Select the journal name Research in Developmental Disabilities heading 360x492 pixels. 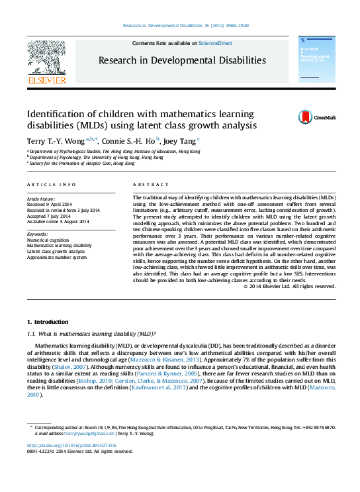click(182, 60)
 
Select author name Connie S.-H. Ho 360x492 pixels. click(129, 140)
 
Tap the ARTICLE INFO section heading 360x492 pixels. click(51, 185)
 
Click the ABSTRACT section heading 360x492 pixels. click(146, 185)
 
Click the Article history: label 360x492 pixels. click(40, 199)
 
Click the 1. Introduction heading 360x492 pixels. click(46, 320)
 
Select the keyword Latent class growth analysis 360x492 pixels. click(56, 251)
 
